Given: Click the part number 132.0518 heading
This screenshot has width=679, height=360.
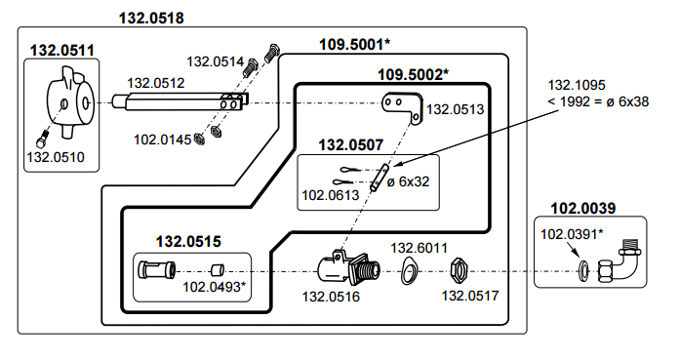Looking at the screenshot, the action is click(x=151, y=19).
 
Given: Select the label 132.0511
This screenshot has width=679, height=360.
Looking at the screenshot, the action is click(x=61, y=51).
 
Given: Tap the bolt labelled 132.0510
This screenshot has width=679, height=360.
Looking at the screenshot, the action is click(x=42, y=140).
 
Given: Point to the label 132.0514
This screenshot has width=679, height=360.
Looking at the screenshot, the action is click(x=216, y=61).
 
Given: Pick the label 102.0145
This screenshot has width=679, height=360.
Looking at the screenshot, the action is click(x=162, y=140).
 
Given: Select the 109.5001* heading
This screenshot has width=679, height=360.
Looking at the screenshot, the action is click(x=355, y=44).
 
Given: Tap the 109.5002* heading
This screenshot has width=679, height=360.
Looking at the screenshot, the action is click(x=413, y=74).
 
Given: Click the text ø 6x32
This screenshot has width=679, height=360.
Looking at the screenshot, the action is click(x=408, y=181).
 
